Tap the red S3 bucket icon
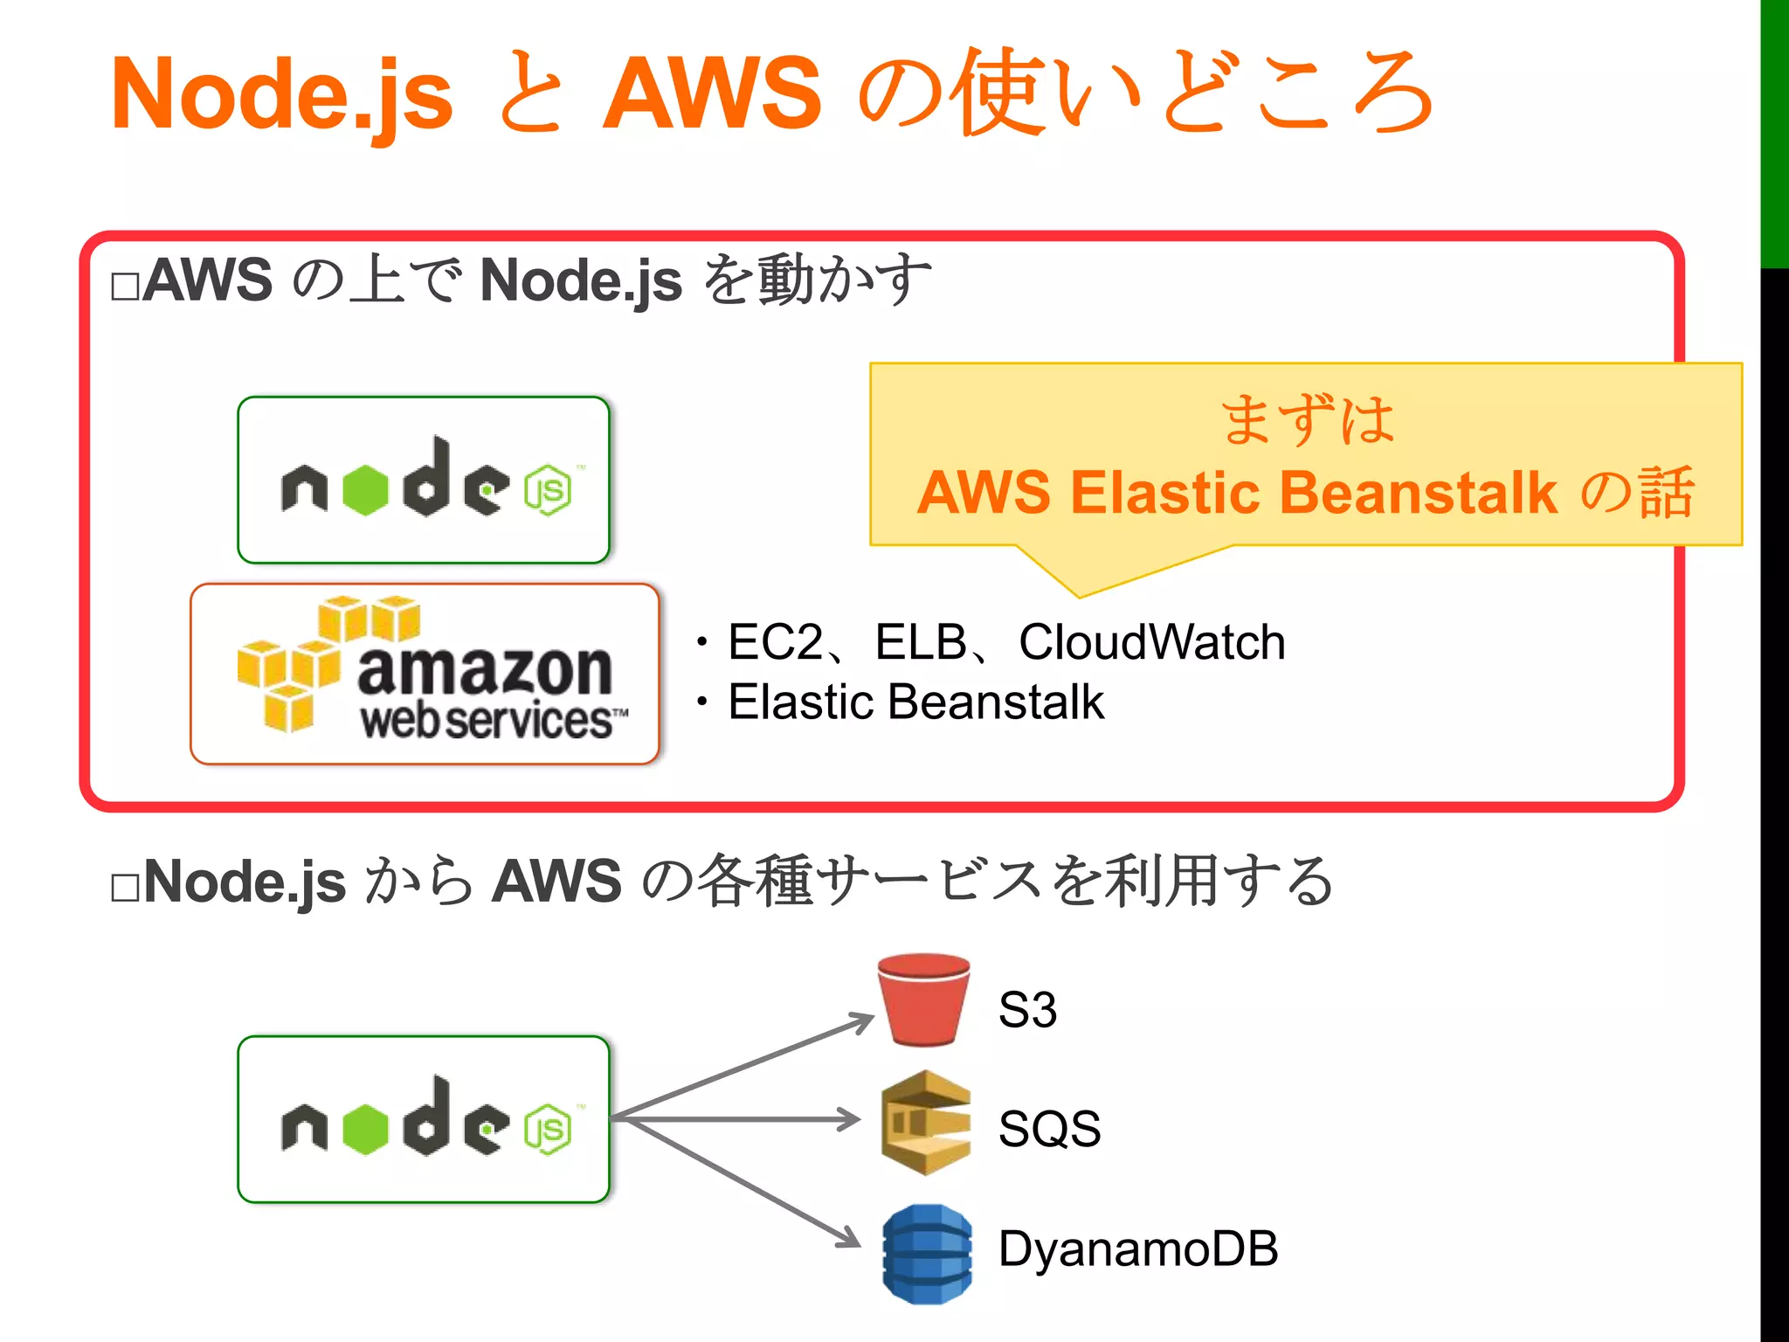(x=924, y=1000)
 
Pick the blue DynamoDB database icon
(x=927, y=1254)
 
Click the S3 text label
(x=1027, y=1010)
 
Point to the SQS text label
(x=1049, y=1128)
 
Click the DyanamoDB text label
(x=1138, y=1248)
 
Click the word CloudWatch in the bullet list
(x=1151, y=642)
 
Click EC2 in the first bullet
(x=775, y=642)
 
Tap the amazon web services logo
(x=425, y=674)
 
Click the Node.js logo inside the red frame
(x=424, y=480)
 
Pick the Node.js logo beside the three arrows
(x=424, y=1119)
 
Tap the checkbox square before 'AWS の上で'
(x=125, y=287)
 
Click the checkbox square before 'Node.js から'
(x=125, y=888)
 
